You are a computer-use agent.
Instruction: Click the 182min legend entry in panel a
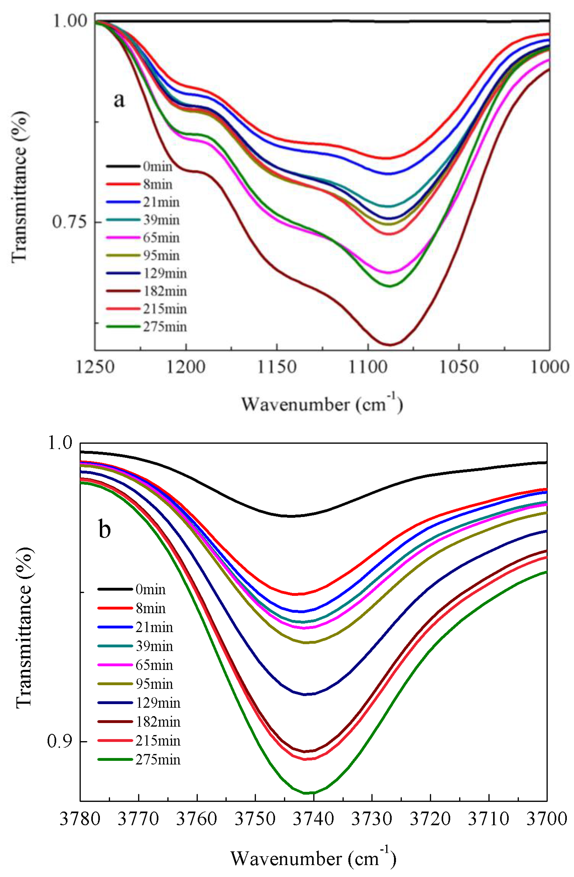tap(146, 291)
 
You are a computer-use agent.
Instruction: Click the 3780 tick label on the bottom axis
tap(80, 819)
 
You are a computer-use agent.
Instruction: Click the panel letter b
tap(105, 529)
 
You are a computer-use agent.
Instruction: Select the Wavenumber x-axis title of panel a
tap(322, 404)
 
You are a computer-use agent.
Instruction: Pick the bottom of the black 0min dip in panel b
tap(291, 516)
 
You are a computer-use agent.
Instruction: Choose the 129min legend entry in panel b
tap(139, 703)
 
